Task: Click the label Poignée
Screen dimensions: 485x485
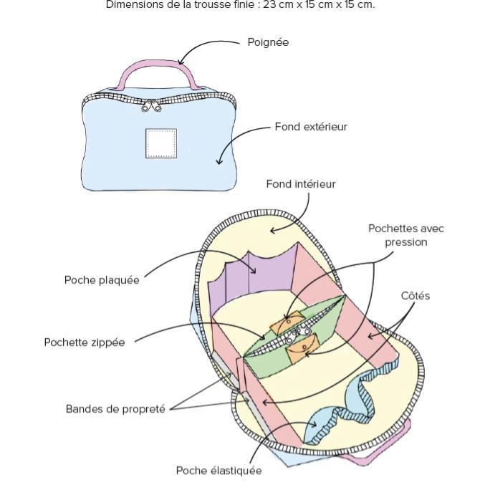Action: coord(268,42)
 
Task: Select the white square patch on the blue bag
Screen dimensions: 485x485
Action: coord(161,143)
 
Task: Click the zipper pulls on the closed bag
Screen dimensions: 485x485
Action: coord(151,107)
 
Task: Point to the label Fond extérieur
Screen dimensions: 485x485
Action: coord(311,127)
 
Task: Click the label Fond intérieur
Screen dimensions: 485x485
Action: coord(301,184)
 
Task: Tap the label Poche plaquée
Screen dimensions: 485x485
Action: coord(102,280)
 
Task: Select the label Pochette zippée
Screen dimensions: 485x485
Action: coord(85,342)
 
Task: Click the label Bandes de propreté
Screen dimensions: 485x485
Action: coord(115,409)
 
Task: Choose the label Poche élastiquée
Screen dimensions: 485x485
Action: coord(219,471)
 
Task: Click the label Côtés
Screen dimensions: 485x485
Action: coord(416,296)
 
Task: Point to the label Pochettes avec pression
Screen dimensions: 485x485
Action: coord(405,235)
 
